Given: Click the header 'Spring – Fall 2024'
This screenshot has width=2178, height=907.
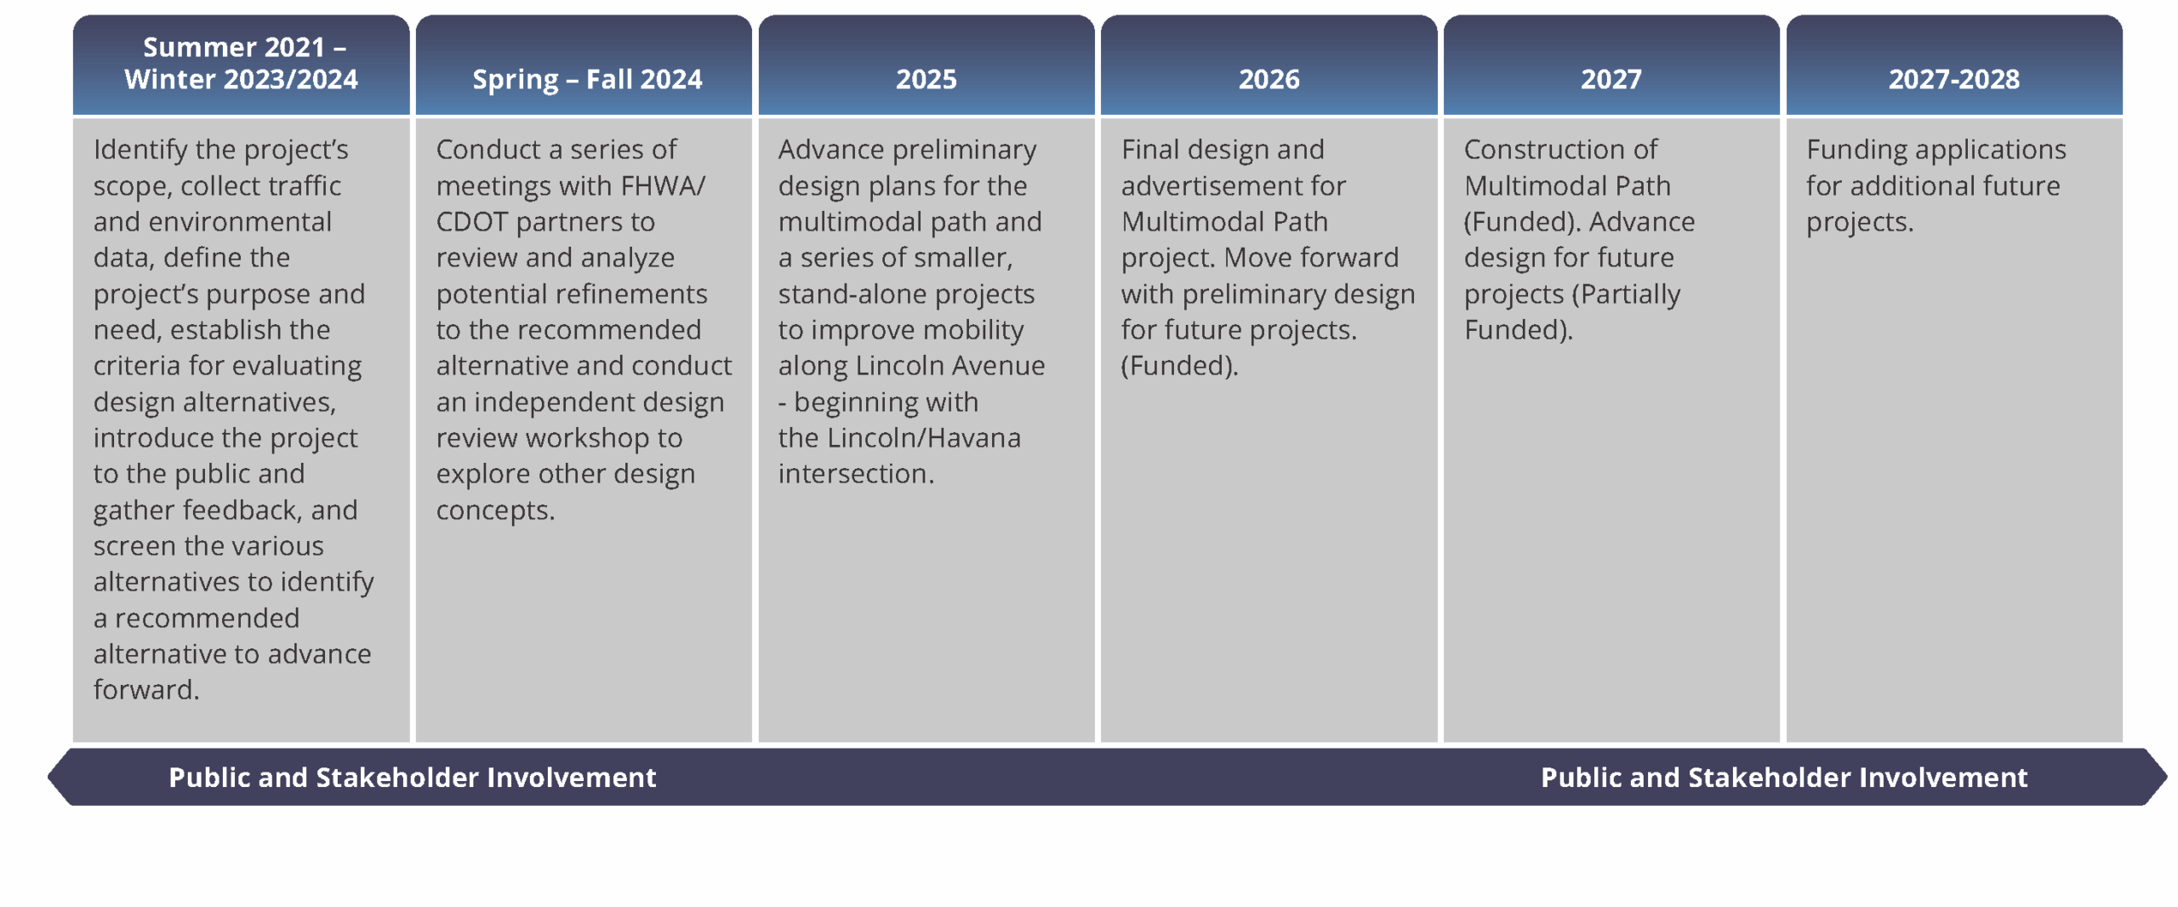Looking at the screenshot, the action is pyautogui.click(x=587, y=79).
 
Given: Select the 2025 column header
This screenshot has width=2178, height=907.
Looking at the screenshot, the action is pyautogui.click(x=926, y=79).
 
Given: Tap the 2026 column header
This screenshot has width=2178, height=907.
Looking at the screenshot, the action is pyautogui.click(x=1269, y=79).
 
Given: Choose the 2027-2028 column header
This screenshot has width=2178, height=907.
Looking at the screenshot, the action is pyautogui.click(x=1953, y=79).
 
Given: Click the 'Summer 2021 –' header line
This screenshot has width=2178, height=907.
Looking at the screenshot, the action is pyautogui.click(x=244, y=47).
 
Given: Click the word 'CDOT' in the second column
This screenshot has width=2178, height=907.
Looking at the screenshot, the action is pyautogui.click(x=472, y=222).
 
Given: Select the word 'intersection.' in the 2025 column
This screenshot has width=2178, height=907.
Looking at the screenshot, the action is pyautogui.click(x=856, y=474).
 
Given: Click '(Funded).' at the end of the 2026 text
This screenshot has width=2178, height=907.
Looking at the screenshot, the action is pyautogui.click(x=1179, y=366).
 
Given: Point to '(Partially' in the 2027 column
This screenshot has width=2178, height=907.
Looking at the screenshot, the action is pyautogui.click(x=1626, y=294).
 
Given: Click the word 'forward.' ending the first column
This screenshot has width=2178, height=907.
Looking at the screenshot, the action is pyautogui.click(x=146, y=690).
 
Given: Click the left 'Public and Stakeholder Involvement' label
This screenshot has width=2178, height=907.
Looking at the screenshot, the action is pyautogui.click(x=412, y=778).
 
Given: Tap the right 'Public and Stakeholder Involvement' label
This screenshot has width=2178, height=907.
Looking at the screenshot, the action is pyautogui.click(x=1784, y=778).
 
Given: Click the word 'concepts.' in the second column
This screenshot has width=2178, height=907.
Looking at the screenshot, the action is pyautogui.click(x=495, y=511).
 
